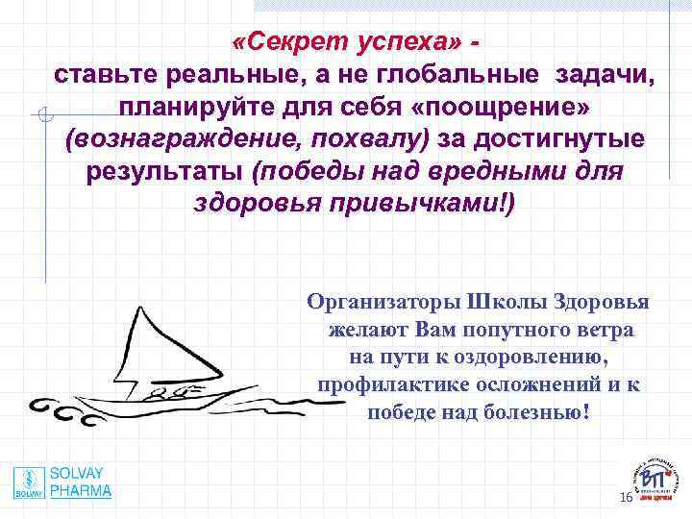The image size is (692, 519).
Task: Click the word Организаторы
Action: (x=383, y=302)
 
